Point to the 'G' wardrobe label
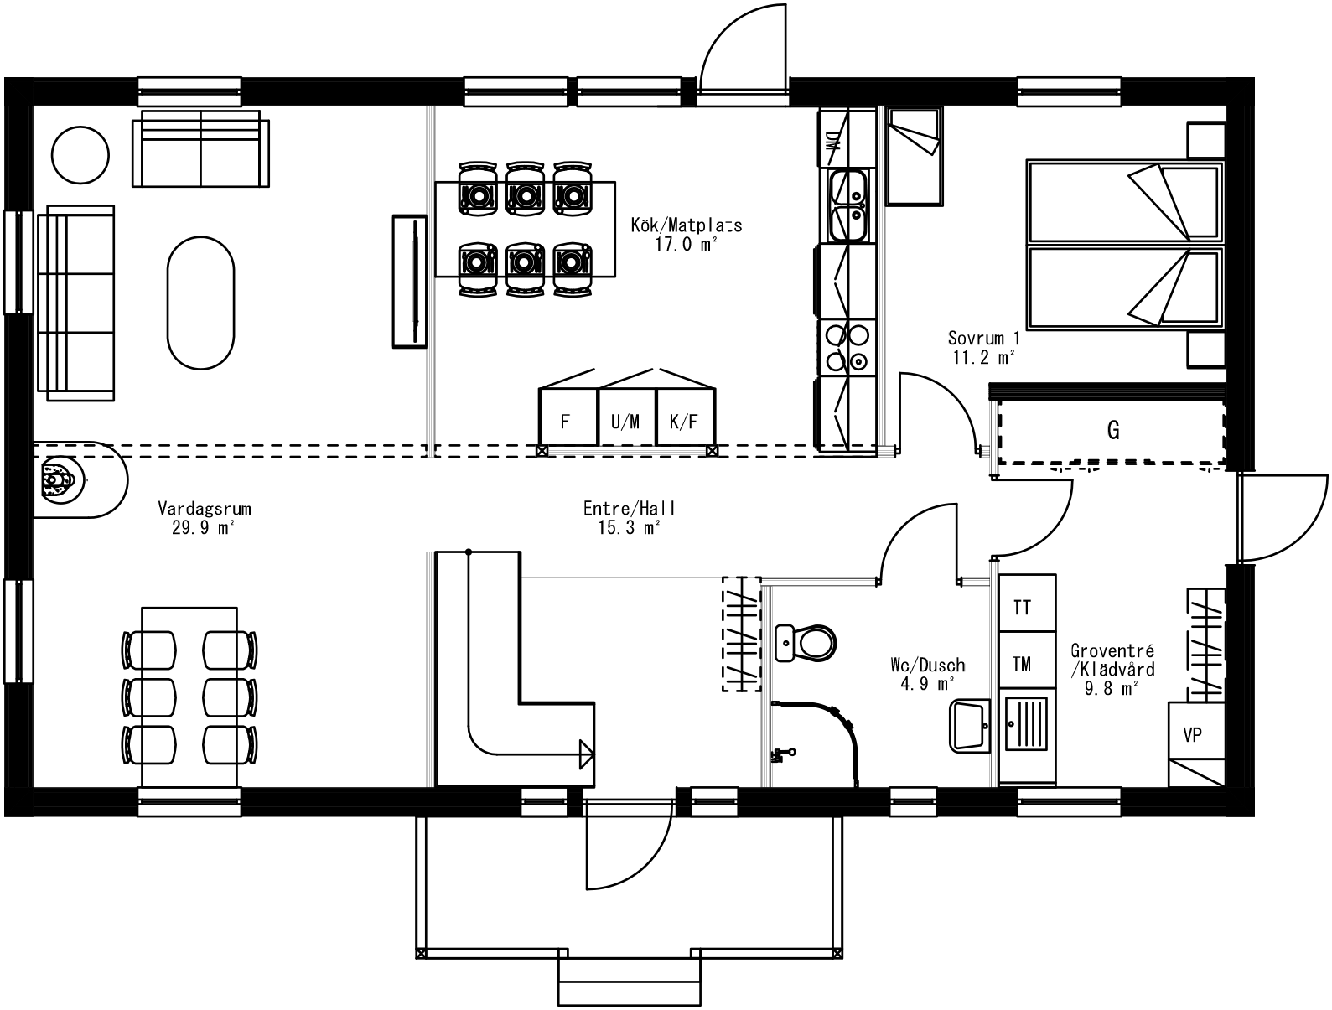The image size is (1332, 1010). point(1113,431)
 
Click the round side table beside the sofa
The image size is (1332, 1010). point(80,154)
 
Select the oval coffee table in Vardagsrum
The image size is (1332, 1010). point(200,303)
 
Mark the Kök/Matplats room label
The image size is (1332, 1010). point(687,225)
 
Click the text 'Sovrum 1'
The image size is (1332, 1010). point(984,339)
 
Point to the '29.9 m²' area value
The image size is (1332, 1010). point(204,527)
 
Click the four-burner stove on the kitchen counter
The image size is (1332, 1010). point(847,346)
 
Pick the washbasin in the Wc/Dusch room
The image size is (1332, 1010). point(969,726)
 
